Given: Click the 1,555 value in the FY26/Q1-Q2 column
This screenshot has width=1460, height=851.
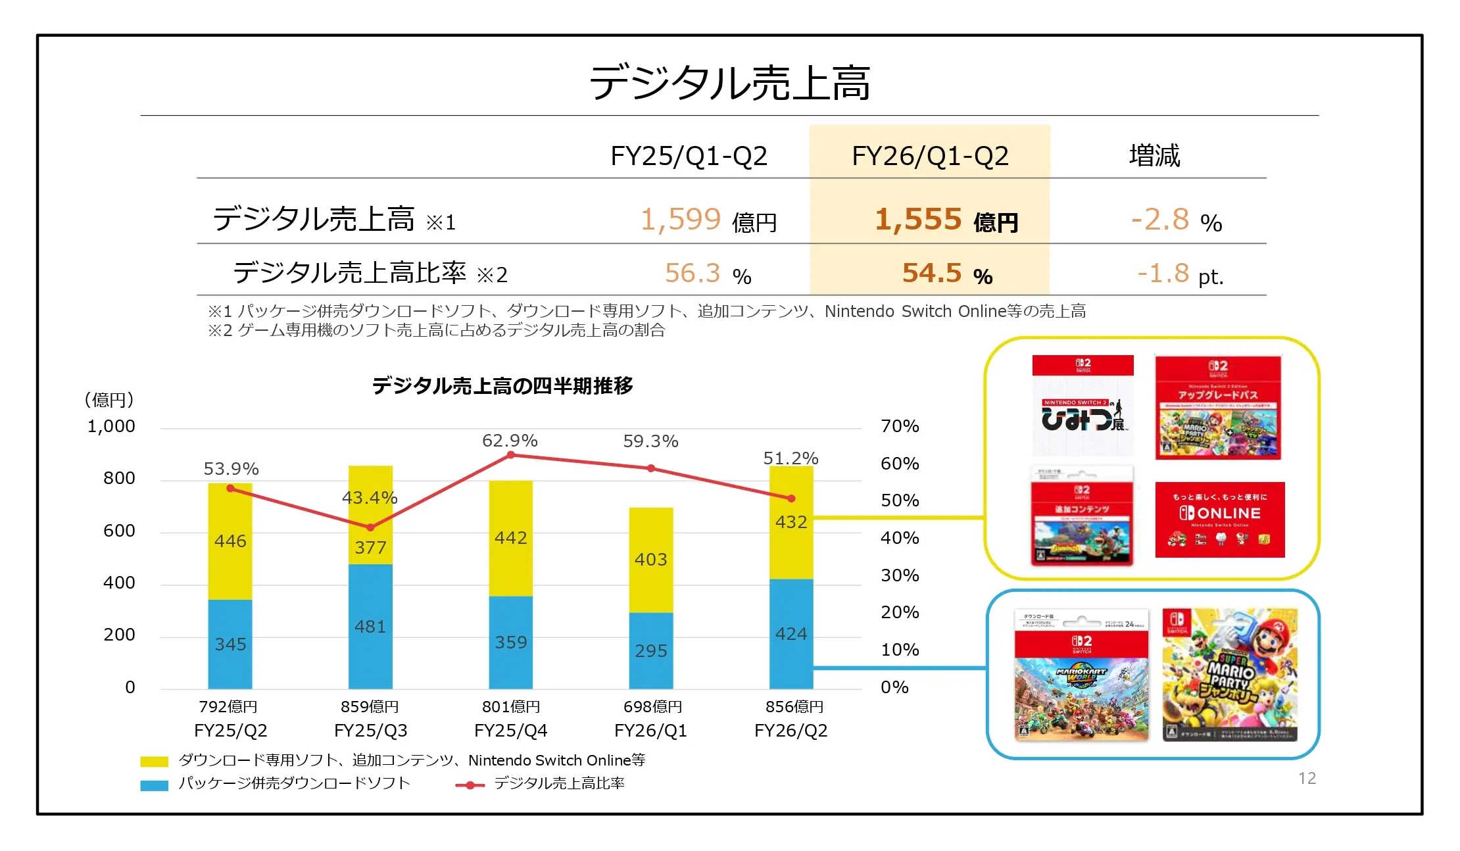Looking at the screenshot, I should pyautogui.click(x=919, y=220).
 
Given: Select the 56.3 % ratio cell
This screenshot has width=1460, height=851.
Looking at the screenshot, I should pyautogui.click(x=707, y=274).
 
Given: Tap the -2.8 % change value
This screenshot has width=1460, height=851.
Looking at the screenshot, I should pyautogui.click(x=1175, y=220).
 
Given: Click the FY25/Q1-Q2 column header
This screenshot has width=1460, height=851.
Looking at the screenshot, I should pyautogui.click(x=689, y=157).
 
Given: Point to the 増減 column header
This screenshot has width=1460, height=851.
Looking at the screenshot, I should pyautogui.click(x=1154, y=157).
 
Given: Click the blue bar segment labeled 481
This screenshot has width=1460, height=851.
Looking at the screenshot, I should pyautogui.click(x=370, y=626).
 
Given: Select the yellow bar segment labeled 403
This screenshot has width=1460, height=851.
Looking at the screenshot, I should pyautogui.click(x=650, y=560).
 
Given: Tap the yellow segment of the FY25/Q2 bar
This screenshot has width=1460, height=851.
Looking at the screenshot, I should pyautogui.click(x=230, y=541).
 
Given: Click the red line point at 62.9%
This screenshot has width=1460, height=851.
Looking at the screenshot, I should pyautogui.click(x=510, y=455).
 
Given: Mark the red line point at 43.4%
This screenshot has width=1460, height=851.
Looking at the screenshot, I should pyautogui.click(x=370, y=527).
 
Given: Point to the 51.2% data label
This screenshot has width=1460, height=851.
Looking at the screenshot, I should pyautogui.click(x=791, y=458).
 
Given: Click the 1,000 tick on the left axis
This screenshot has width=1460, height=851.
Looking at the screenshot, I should pyautogui.click(x=111, y=427).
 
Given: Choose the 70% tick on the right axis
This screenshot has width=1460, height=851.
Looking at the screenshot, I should pyautogui.click(x=900, y=427).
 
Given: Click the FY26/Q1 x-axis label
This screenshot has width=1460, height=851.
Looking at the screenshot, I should pyautogui.click(x=650, y=731).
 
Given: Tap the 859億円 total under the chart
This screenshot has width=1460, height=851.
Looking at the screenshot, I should pyautogui.click(x=370, y=707).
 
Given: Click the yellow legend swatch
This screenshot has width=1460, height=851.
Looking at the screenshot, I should pyautogui.click(x=154, y=762).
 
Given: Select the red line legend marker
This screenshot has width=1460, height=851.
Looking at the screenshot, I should pyautogui.click(x=470, y=785).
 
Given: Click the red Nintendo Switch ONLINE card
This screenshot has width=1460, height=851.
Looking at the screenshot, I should pyautogui.click(x=1219, y=520).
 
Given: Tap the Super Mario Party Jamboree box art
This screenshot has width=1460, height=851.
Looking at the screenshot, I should pyautogui.click(x=1230, y=675).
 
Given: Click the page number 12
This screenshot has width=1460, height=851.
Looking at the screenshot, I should pyautogui.click(x=1307, y=779).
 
